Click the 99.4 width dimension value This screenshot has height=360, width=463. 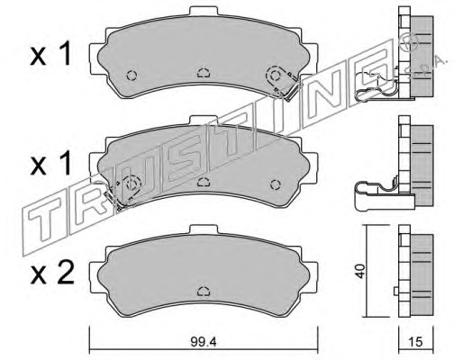tap(204, 341)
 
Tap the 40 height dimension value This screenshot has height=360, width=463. tap(360, 271)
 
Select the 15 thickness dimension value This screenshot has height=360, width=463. tap(415, 341)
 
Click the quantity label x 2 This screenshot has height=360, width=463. tap(51, 274)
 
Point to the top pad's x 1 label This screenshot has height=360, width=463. tap(50, 54)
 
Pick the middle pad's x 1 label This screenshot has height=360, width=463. tap(50, 164)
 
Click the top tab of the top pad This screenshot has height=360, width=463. tap(204, 11)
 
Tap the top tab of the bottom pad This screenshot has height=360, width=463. tap(204, 229)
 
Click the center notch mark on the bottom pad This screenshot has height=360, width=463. tap(204, 291)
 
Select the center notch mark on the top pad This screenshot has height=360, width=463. tap(204, 73)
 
